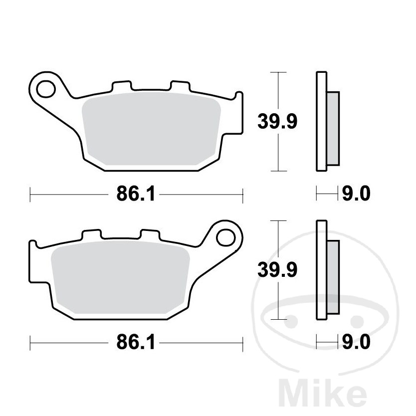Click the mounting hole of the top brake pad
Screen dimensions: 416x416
point(46,89)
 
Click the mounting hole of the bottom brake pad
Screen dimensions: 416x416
point(226,237)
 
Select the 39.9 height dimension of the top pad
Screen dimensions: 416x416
point(277,122)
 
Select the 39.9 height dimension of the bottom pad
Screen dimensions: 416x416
point(277,270)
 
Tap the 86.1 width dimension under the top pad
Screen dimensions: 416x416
point(136,194)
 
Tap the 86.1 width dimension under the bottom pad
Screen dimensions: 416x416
point(136,342)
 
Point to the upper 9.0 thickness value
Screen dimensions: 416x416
point(356,194)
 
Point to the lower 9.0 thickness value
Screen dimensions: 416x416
point(356,342)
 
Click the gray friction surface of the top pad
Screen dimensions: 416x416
point(151,129)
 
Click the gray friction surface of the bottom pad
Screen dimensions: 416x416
point(120,277)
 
